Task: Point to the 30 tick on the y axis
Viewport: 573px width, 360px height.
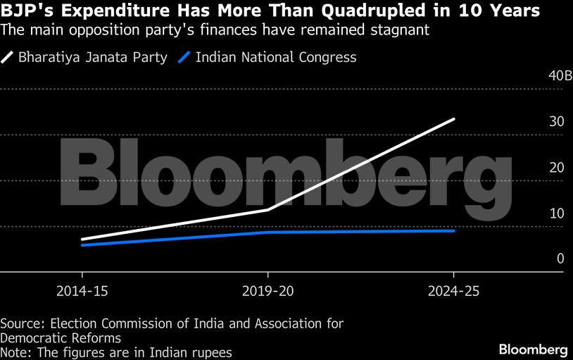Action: pyautogui.click(x=557, y=122)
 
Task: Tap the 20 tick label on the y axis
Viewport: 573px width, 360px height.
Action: pyautogui.click(x=557, y=168)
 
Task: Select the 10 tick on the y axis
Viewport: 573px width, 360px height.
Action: pyautogui.click(x=557, y=213)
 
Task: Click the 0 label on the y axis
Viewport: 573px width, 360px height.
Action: pyautogui.click(x=560, y=259)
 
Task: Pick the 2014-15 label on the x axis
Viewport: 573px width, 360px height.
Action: pyautogui.click(x=82, y=292)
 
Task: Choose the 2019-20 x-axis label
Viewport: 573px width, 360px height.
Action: pyautogui.click(x=267, y=292)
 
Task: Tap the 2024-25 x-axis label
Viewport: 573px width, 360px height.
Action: pyautogui.click(x=453, y=292)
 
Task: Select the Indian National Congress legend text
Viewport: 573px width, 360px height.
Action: pyautogui.click(x=276, y=58)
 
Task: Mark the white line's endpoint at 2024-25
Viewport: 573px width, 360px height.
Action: pyautogui.click(x=454, y=119)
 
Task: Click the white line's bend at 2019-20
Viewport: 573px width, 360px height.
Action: pyautogui.click(x=268, y=210)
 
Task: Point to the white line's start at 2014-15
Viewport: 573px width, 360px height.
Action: pyautogui.click(x=82, y=240)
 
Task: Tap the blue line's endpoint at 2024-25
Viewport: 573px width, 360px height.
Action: pyautogui.click(x=454, y=230)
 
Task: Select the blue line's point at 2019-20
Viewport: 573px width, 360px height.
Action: pyautogui.click(x=268, y=232)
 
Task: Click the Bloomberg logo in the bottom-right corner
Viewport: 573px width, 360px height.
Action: pyautogui.click(x=533, y=349)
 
